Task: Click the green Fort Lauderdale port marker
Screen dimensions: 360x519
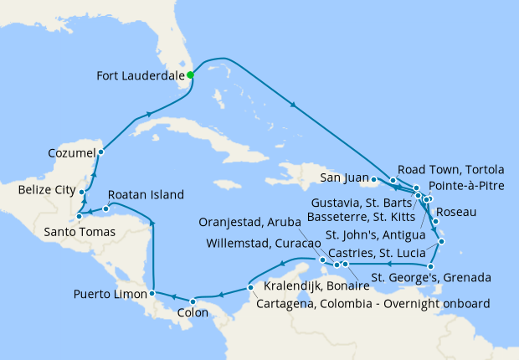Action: (x=191, y=75)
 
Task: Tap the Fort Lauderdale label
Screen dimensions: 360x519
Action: (x=139, y=75)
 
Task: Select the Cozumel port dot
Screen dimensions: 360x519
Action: (x=100, y=152)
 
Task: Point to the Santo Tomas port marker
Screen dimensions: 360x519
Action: (x=79, y=217)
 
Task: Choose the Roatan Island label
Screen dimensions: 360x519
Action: (x=145, y=195)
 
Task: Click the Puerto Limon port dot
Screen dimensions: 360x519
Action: (x=152, y=294)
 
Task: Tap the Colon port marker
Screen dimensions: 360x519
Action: (x=193, y=301)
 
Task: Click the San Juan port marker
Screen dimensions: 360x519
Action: (x=372, y=178)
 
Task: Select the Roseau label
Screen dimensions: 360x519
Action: (x=456, y=212)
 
